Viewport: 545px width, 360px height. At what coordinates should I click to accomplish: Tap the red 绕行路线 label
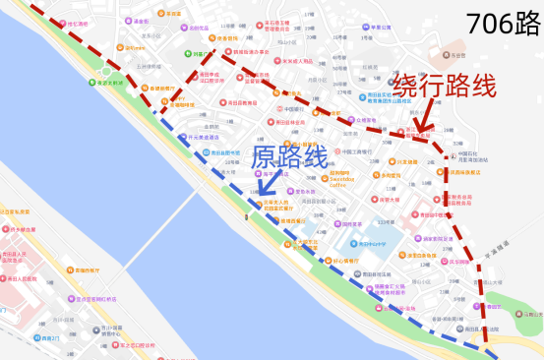(x=444, y=86)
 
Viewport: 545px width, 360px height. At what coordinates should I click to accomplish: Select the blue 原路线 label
(x=290, y=156)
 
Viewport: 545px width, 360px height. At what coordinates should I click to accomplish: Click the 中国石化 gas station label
(x=467, y=156)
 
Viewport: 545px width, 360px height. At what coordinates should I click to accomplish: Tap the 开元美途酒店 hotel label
(x=204, y=137)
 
